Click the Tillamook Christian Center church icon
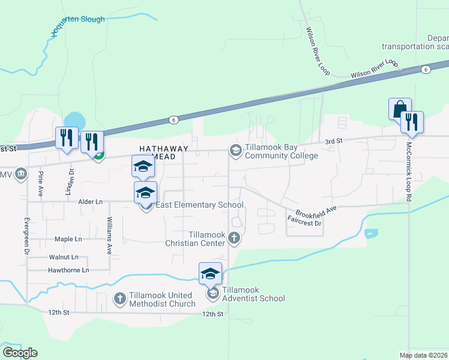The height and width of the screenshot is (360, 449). coord(235,239)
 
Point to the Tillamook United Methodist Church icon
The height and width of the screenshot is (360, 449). coord(120,298)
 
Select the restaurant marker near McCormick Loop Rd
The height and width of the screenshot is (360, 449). coord(412,122)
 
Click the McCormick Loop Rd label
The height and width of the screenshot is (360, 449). coord(409,172)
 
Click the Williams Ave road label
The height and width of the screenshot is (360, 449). coord(110,236)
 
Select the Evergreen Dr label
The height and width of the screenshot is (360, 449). coord(27,235)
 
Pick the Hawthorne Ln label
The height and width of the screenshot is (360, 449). coord(68,271)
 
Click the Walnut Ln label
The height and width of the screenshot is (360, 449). coord(64,257)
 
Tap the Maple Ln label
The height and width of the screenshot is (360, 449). coord(68,239)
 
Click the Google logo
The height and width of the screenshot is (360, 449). coord(20,352)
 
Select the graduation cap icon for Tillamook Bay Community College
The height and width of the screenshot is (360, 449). coord(235,149)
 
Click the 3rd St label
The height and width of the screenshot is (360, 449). coord(333,140)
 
